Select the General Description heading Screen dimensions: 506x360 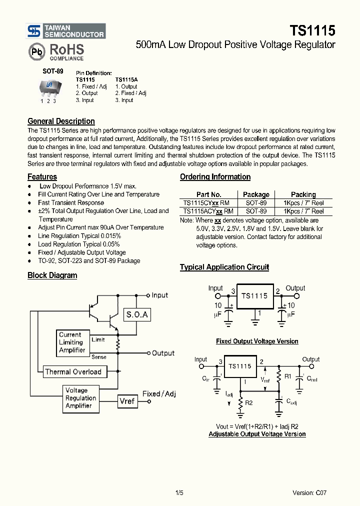pos(61,121)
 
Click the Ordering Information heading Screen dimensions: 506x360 pos(215,176)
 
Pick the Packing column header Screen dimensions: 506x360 pos(303,194)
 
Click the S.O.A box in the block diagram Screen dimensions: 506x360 pos(137,315)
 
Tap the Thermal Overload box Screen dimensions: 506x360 pos(73,371)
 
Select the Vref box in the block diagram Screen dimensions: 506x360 pos(127,401)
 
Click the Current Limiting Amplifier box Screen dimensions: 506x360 pos(72,342)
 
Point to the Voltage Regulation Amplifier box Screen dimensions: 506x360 pos(80,398)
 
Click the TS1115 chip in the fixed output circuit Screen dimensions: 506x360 pos(254,296)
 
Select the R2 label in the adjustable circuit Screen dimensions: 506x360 pos(248,401)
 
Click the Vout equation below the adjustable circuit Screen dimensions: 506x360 pos(257,426)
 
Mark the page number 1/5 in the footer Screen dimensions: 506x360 pos(179,493)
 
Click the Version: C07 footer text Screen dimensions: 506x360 pos(309,493)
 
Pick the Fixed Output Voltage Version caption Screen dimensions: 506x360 pos(257,341)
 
